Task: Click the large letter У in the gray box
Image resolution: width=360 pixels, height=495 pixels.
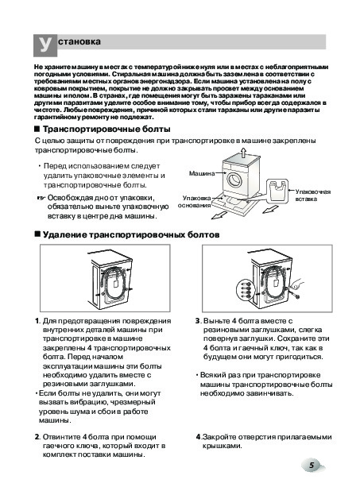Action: pos(45,44)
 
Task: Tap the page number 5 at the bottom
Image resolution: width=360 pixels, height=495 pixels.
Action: pos(312,466)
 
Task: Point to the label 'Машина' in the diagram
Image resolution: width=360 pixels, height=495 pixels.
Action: pos(202,173)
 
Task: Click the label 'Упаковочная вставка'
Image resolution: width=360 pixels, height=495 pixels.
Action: pos(313,195)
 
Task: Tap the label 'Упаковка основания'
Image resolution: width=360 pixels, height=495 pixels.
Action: pos(194,202)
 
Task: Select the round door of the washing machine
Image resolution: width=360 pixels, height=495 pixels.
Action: pos(234,180)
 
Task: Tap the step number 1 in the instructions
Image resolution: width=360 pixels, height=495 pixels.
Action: pos(37,321)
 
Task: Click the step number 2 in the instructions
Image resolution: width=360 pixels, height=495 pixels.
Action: pos(37,437)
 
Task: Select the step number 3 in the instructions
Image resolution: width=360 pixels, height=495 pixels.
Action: pos(197,321)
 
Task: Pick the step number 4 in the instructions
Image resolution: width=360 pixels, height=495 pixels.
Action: pos(198,437)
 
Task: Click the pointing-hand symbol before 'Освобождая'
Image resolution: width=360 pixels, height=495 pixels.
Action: pos(41,199)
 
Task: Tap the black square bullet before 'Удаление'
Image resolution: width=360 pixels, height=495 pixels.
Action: pos(37,234)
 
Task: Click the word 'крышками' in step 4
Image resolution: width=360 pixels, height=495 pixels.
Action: pos(222,447)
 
